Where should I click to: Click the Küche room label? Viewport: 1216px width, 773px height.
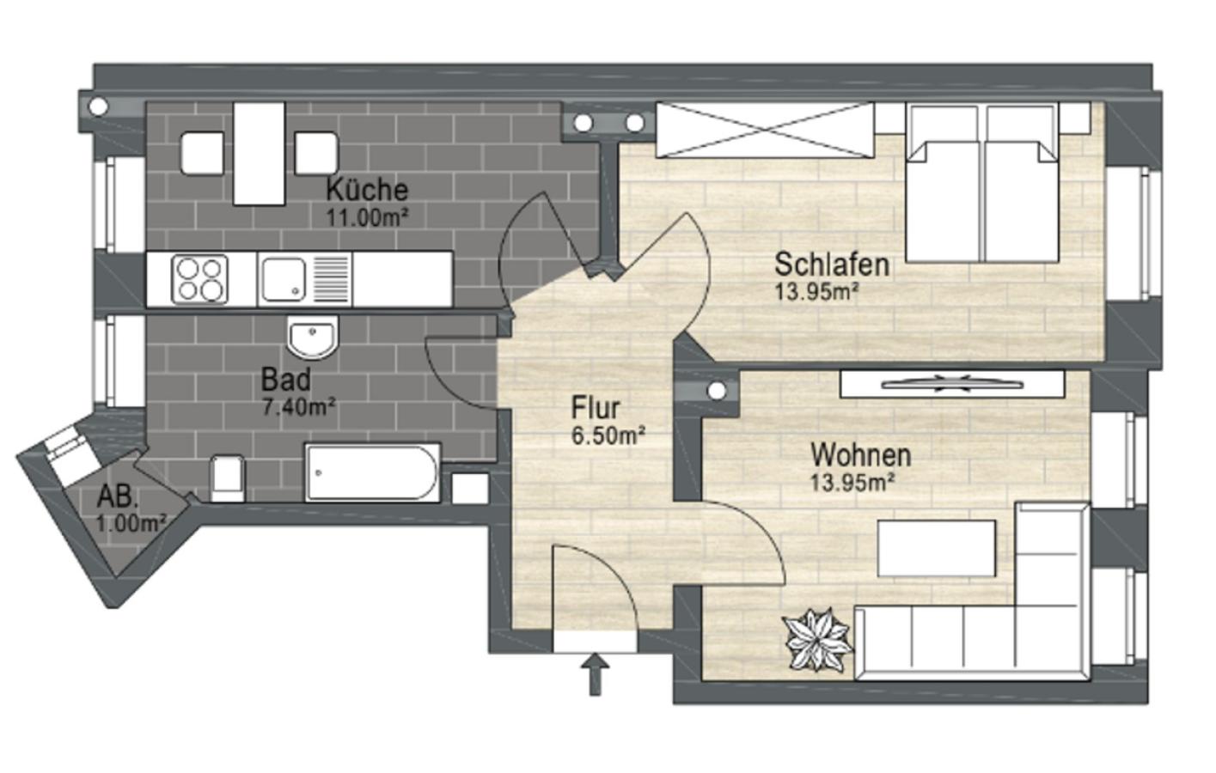pos(366,189)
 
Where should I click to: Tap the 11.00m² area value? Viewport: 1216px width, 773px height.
pos(366,216)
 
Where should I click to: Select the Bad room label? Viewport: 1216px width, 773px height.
pos(286,379)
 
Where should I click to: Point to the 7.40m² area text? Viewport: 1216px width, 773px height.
pos(298,406)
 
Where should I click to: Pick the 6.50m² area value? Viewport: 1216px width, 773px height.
pos(608,435)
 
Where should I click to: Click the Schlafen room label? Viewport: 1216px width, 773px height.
pos(831,263)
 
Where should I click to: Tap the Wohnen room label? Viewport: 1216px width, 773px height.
pos(860,453)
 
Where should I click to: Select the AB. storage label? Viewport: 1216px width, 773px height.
pos(119,496)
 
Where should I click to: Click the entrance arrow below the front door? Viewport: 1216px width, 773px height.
pos(594,673)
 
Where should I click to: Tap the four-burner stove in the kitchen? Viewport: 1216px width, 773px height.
pos(201,279)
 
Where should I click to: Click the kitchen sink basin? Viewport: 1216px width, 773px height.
pos(284,279)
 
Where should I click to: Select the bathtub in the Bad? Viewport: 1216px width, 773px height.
pos(372,472)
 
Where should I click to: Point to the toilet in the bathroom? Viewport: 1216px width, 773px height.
pos(227,478)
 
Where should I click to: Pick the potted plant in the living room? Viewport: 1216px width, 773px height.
pos(817,639)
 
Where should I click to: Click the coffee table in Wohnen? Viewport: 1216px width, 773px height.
pos(936,548)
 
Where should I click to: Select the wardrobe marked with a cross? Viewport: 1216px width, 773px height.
pos(764,130)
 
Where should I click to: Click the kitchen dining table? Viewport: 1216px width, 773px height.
pos(259,153)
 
